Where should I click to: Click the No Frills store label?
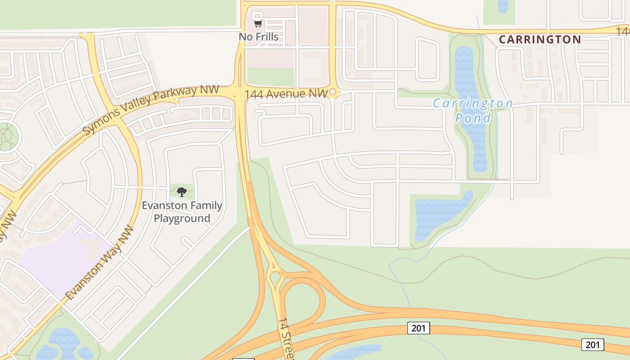tap(258, 36)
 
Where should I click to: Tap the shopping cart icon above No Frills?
tap(258, 23)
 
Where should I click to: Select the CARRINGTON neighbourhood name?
tap(540, 39)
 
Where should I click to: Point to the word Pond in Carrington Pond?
tap(473, 118)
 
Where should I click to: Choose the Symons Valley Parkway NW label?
tap(151, 110)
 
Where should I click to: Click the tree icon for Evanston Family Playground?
tap(182, 192)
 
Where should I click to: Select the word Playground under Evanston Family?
tap(182, 218)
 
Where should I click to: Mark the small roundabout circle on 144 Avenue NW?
tap(333, 92)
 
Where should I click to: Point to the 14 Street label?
tap(286, 337)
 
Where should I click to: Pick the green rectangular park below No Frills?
tap(270, 76)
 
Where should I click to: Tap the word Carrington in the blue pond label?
tap(472, 103)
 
